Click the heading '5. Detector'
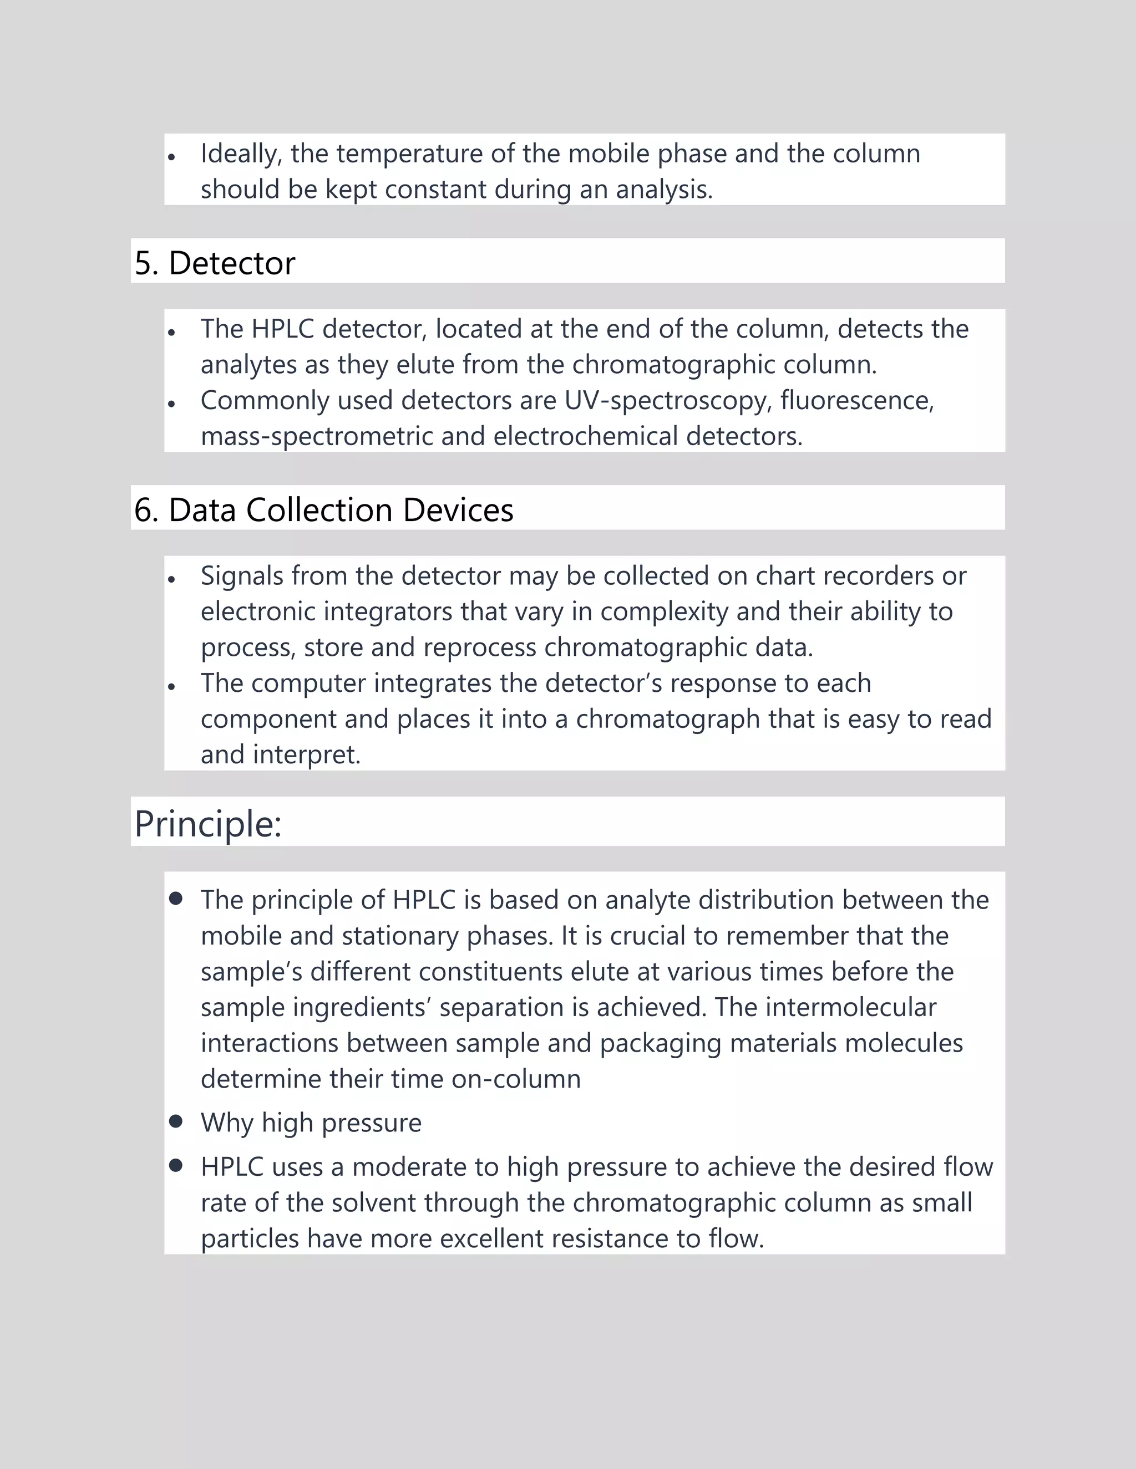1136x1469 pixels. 215,263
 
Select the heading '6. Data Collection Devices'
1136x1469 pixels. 324,510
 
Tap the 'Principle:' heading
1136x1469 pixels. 208,823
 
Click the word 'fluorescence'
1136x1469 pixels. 856,401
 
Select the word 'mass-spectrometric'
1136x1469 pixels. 317,436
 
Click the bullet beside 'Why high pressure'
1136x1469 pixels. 176,1120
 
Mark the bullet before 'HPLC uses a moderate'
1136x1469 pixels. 176,1165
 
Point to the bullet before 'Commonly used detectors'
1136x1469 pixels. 173,404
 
